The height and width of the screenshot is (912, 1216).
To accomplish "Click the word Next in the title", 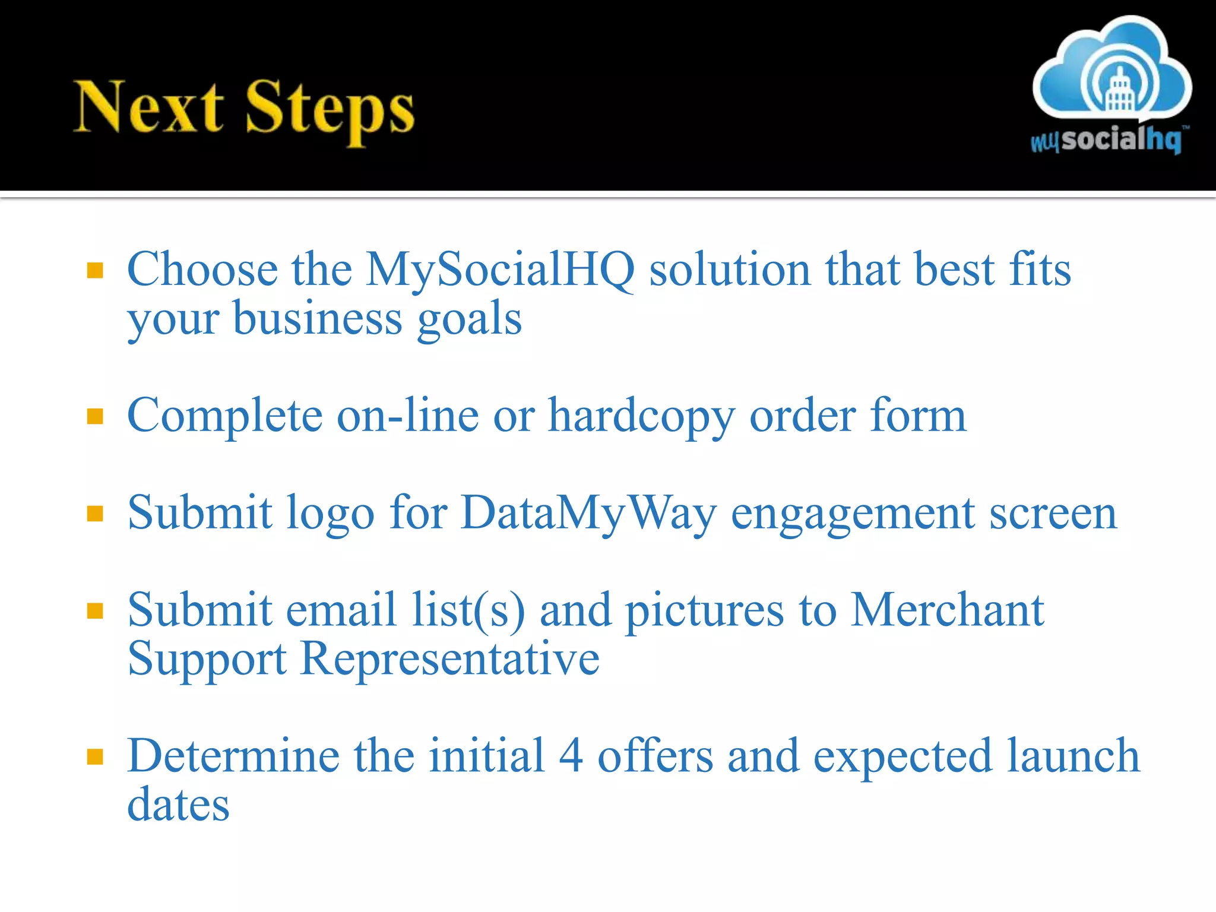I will pyautogui.click(x=148, y=107).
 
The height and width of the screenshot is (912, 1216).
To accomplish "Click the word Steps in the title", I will pyautogui.click(x=330, y=110).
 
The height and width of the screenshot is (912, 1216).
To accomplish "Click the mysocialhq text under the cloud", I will pyautogui.click(x=1107, y=140).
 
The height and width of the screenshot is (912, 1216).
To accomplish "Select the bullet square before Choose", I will pyautogui.click(x=95, y=271).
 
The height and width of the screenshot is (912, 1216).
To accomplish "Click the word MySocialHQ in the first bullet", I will pyautogui.click(x=500, y=271).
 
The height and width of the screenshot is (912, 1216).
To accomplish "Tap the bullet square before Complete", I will pyautogui.click(x=95, y=416).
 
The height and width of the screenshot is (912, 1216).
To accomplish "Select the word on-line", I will pyautogui.click(x=408, y=416).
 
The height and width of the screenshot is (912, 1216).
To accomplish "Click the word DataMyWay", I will pyautogui.click(x=588, y=514).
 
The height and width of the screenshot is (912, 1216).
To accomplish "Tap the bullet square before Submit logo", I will pyautogui.click(x=95, y=513).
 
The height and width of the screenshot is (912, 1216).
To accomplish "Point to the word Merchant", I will pyautogui.click(x=947, y=610).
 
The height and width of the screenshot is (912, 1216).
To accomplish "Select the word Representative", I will pyautogui.click(x=449, y=660).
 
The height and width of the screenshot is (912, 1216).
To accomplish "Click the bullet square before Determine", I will pyautogui.click(x=95, y=756).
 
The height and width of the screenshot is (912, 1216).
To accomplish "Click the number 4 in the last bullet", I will pyautogui.click(x=571, y=756).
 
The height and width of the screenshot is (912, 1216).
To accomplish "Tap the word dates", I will pyautogui.click(x=178, y=805).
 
